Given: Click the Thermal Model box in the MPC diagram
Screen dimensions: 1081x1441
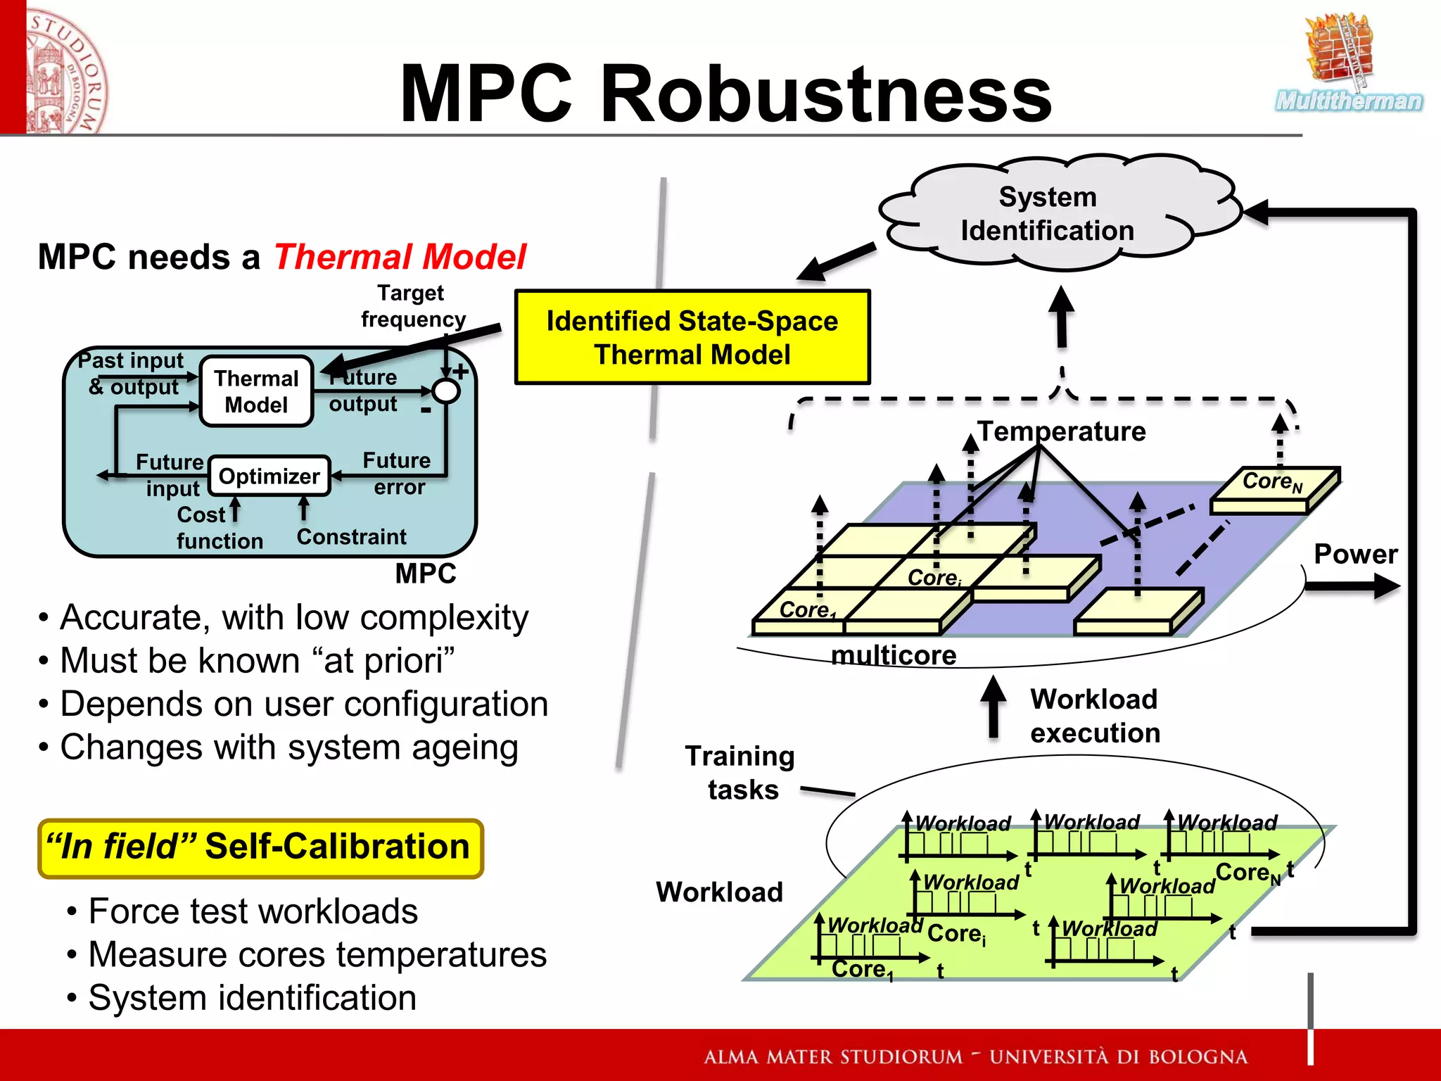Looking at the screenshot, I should [256, 391].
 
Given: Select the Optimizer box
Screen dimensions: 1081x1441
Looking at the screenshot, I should [269, 476].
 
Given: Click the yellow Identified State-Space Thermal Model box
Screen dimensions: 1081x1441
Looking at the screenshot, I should [692, 337].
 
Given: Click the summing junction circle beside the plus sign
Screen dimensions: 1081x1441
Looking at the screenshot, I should [446, 391].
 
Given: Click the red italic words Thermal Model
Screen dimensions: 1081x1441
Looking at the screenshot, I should [400, 257].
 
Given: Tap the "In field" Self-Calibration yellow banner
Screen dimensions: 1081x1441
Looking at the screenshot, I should [260, 847].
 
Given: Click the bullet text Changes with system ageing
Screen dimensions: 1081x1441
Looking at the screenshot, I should [288, 747].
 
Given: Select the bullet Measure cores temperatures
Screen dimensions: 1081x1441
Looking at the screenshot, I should [317, 955].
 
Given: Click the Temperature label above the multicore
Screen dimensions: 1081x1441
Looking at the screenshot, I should [1061, 431].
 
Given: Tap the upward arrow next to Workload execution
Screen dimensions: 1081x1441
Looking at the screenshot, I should [993, 707].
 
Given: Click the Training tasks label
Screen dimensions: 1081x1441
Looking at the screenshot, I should [741, 773].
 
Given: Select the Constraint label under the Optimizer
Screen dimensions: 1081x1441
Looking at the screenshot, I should [351, 537].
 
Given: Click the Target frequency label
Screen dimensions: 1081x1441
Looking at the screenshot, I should [413, 306].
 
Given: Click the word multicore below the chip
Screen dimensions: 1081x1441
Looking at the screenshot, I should [894, 655].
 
